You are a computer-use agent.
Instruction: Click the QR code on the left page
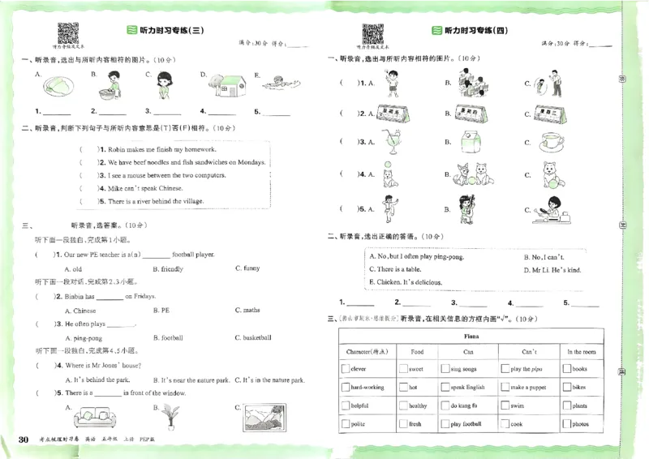[x=67, y=34]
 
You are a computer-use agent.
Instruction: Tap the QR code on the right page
[x=372, y=34]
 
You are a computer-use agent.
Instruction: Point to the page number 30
[x=24, y=439]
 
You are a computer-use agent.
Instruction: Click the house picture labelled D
[x=230, y=82]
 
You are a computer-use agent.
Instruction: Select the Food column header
[x=417, y=352]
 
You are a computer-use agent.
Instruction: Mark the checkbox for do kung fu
[x=445, y=405]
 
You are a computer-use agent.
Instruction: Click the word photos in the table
[x=580, y=424]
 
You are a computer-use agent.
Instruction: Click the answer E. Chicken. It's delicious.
[x=404, y=282]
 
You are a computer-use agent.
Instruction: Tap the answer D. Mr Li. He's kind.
[x=552, y=269]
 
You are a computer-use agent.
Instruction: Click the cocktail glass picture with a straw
[x=394, y=140]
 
